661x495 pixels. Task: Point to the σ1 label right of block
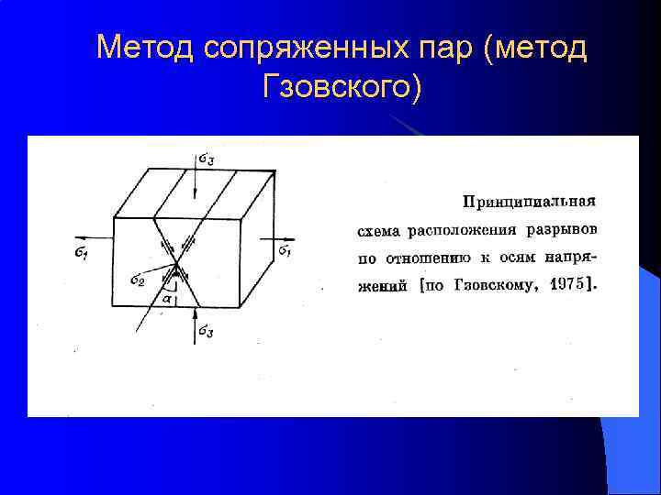click(286, 250)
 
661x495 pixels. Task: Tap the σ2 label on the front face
click(138, 279)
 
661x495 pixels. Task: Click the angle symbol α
click(165, 298)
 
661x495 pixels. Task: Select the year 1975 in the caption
click(570, 284)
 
